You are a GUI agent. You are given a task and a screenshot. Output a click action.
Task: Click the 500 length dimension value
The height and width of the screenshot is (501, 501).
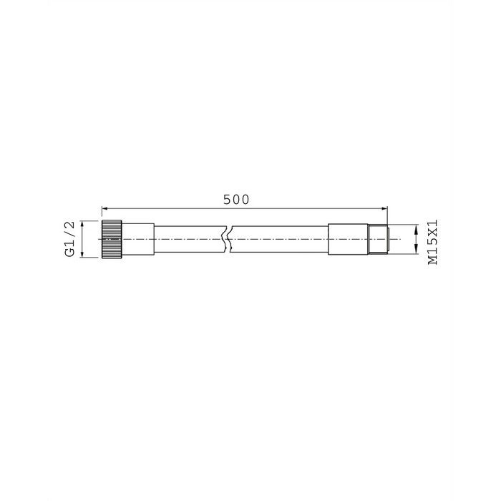coord(235,200)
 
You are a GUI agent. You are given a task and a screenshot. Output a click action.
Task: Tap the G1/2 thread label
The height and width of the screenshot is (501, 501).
coord(70,240)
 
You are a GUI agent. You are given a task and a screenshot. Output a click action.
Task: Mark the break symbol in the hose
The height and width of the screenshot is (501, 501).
coord(226,239)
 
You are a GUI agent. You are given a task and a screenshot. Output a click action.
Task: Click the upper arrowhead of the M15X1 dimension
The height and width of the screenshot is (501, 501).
coord(417,228)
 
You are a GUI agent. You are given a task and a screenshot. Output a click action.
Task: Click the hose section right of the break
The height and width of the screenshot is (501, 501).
coord(279,239)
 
